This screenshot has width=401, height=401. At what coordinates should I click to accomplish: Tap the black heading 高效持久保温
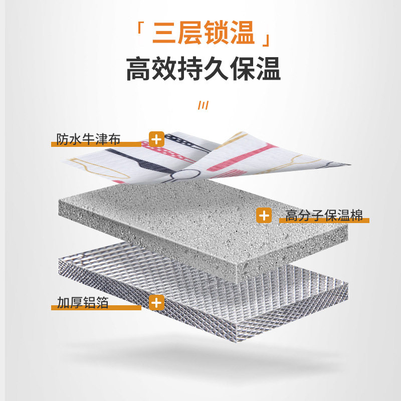click(x=203, y=70)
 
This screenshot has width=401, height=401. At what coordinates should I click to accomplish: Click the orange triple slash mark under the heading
click(x=203, y=106)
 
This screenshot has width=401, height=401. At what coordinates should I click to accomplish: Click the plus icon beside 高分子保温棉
click(x=264, y=216)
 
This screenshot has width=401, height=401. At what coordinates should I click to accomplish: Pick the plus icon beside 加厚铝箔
click(x=157, y=302)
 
